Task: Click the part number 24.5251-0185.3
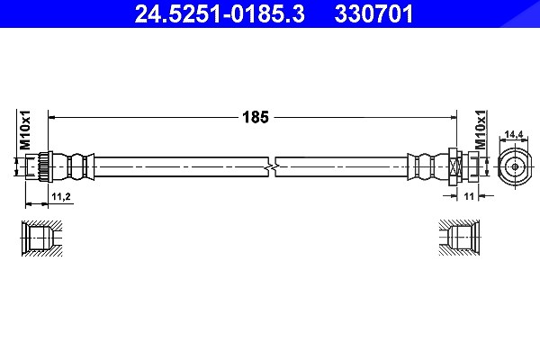click(x=220, y=13)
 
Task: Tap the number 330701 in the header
click(x=373, y=13)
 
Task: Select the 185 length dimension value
click(x=256, y=117)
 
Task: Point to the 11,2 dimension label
click(x=61, y=197)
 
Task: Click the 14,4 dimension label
click(x=514, y=134)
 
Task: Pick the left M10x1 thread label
click(x=25, y=130)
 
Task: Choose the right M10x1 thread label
click(x=481, y=130)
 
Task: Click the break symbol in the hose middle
click(x=272, y=167)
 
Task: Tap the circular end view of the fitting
click(x=515, y=167)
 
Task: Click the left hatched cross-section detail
click(x=42, y=238)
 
